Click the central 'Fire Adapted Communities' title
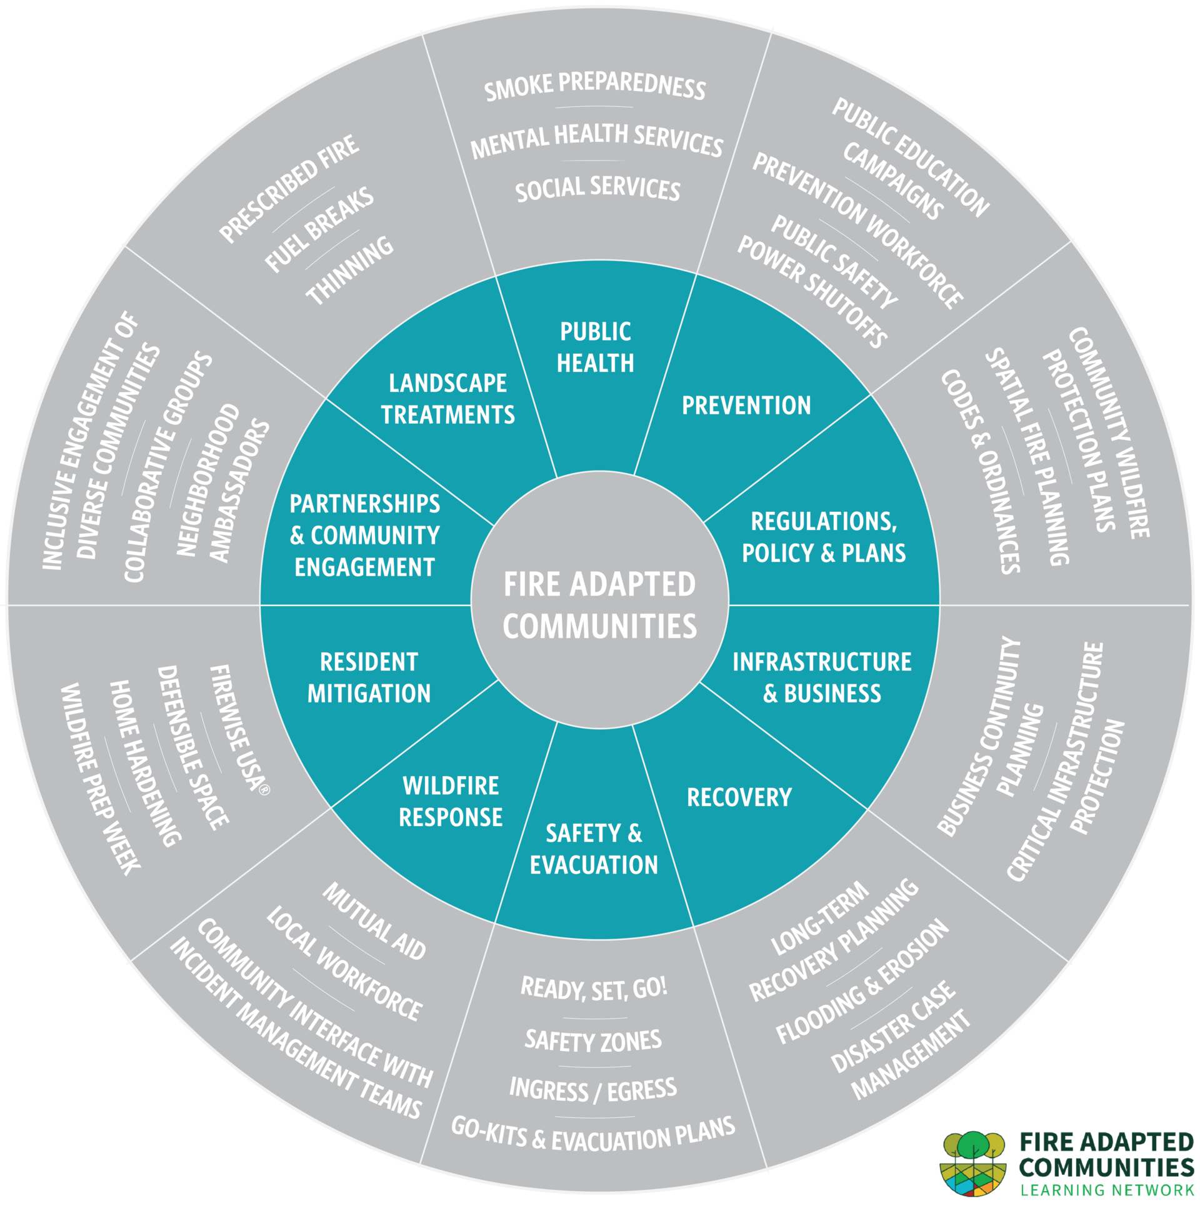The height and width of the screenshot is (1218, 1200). (x=599, y=604)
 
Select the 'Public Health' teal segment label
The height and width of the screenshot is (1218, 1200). (x=595, y=347)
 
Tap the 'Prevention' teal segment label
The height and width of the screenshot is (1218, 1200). (x=746, y=406)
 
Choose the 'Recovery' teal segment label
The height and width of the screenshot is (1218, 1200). (x=739, y=797)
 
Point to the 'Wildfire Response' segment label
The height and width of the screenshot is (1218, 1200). (x=451, y=802)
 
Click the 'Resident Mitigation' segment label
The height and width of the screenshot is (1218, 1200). (x=369, y=678)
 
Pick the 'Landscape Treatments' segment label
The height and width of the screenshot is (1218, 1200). (x=447, y=399)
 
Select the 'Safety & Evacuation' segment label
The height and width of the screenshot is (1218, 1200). (x=594, y=849)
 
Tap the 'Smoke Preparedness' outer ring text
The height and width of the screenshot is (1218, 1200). (x=595, y=86)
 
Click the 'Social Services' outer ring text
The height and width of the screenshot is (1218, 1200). (x=597, y=188)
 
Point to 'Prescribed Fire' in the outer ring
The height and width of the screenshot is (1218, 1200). (x=289, y=188)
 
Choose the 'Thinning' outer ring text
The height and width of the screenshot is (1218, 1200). (x=350, y=271)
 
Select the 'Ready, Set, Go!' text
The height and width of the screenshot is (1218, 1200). (x=594, y=988)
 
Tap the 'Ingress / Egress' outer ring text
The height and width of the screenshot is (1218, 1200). (x=593, y=1089)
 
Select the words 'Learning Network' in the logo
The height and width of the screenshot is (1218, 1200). (x=1107, y=1190)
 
